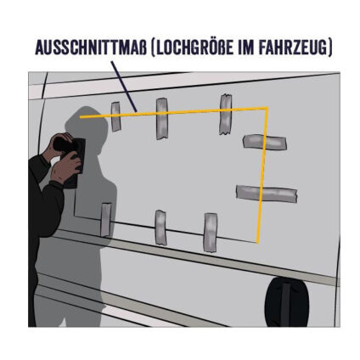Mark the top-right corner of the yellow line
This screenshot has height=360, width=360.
click(267, 108)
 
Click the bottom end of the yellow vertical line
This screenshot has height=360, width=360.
click(256, 240)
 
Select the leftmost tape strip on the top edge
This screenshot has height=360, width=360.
click(115, 116)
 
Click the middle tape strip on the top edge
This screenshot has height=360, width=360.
click(161, 118)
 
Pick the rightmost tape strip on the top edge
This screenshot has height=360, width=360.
click(226, 114)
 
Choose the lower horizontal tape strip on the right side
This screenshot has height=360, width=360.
click(267, 194)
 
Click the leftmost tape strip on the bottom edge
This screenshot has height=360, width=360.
click(105, 220)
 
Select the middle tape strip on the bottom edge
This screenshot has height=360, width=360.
click(160, 227)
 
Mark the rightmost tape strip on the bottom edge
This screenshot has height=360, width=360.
click(210, 231)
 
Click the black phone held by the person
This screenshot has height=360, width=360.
click(77, 161)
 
